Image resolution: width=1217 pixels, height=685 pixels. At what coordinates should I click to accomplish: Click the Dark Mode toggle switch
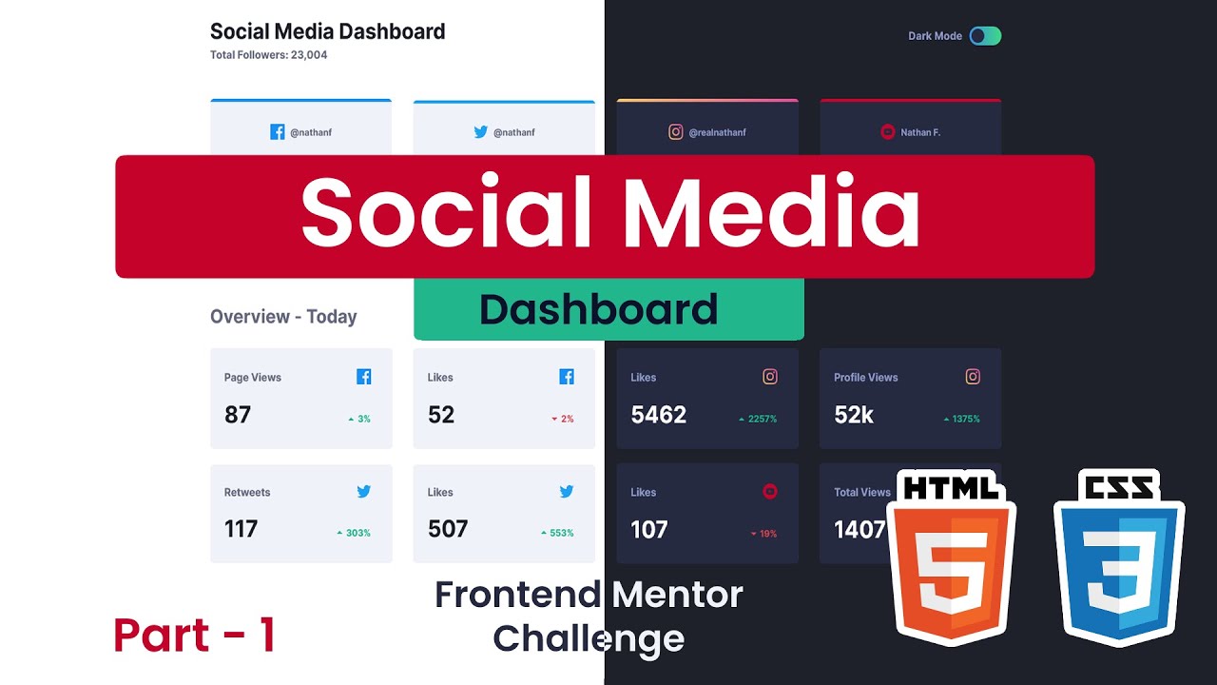[x=985, y=36]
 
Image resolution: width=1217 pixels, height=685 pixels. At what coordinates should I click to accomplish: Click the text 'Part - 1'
[x=194, y=635]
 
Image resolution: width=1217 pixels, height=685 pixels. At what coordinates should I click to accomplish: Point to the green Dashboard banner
[x=608, y=310]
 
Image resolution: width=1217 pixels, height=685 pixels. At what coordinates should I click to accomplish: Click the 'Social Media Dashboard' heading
[x=327, y=31]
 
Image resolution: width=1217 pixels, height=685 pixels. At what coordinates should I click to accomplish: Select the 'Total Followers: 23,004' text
[x=268, y=55]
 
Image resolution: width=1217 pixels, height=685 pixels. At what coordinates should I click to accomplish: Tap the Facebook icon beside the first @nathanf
[x=278, y=132]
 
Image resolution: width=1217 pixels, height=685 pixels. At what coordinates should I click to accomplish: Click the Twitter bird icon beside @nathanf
[x=481, y=132]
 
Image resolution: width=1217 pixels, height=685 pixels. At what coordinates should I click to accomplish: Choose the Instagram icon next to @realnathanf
[x=676, y=132]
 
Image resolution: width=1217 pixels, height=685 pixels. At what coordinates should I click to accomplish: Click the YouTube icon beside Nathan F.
[x=888, y=132]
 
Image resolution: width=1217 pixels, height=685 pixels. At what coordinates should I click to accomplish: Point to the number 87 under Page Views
[x=238, y=415]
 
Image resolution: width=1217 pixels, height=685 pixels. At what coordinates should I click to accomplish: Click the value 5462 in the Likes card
[x=658, y=415]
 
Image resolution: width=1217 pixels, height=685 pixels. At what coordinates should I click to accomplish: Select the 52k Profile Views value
[x=854, y=415]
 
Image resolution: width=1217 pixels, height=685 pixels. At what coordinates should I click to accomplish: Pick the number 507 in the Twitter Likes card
[x=448, y=529]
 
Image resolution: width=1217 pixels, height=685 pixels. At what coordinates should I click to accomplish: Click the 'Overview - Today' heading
[x=283, y=317]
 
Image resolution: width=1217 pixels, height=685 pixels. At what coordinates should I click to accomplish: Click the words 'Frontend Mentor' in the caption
[x=589, y=595]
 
